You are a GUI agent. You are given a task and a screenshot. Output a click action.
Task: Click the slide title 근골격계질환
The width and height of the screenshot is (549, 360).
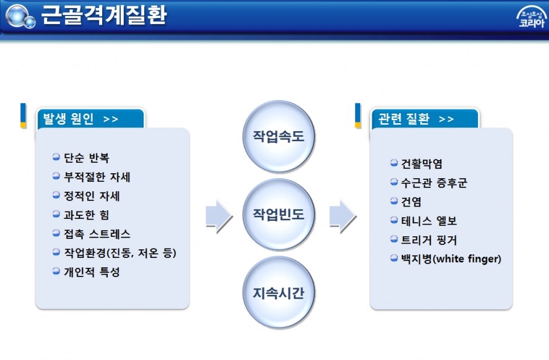pyautogui.click(x=103, y=15)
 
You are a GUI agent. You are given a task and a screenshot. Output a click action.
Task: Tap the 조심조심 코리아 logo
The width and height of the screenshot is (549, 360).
pyautogui.click(x=532, y=17)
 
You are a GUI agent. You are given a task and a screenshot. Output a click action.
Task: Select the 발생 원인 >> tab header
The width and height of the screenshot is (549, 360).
pyautogui.click(x=91, y=119)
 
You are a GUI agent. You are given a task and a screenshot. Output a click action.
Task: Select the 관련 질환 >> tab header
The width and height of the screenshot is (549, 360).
pyautogui.click(x=425, y=119)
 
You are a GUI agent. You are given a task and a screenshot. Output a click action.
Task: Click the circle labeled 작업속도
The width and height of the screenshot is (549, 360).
pyautogui.click(x=279, y=137)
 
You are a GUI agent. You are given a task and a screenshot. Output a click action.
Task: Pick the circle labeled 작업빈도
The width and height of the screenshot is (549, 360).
pyautogui.click(x=279, y=215)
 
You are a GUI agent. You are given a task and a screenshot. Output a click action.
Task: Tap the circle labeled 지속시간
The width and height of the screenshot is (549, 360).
pyautogui.click(x=279, y=293)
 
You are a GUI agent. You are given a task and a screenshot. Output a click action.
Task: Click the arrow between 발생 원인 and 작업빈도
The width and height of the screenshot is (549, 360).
pyautogui.click(x=219, y=216)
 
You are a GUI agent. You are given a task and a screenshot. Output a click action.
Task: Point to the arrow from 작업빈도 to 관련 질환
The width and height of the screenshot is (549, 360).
pyautogui.click(x=343, y=216)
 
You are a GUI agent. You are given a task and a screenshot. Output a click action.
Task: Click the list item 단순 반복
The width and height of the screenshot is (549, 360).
pyautogui.click(x=87, y=158)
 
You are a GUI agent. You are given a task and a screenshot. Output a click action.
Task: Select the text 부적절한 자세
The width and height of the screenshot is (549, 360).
pyautogui.click(x=97, y=177)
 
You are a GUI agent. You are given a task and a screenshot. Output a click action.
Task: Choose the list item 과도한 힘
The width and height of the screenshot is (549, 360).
pyautogui.click(x=87, y=215)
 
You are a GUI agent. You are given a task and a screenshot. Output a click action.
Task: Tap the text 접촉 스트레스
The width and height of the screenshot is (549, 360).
pyautogui.click(x=97, y=234)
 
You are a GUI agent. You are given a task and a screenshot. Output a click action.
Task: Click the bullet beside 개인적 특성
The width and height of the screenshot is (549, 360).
pyautogui.click(x=56, y=271)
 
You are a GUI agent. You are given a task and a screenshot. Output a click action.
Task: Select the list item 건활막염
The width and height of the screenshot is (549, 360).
pyautogui.click(x=421, y=164)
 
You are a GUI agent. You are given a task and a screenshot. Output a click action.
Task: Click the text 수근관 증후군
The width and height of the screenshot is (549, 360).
pyautogui.click(x=434, y=182)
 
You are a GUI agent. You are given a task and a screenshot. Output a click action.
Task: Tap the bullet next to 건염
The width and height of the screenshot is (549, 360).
pyautogui.click(x=394, y=201)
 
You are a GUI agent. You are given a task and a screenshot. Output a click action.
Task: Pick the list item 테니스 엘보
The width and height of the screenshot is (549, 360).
pyautogui.click(x=429, y=221)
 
